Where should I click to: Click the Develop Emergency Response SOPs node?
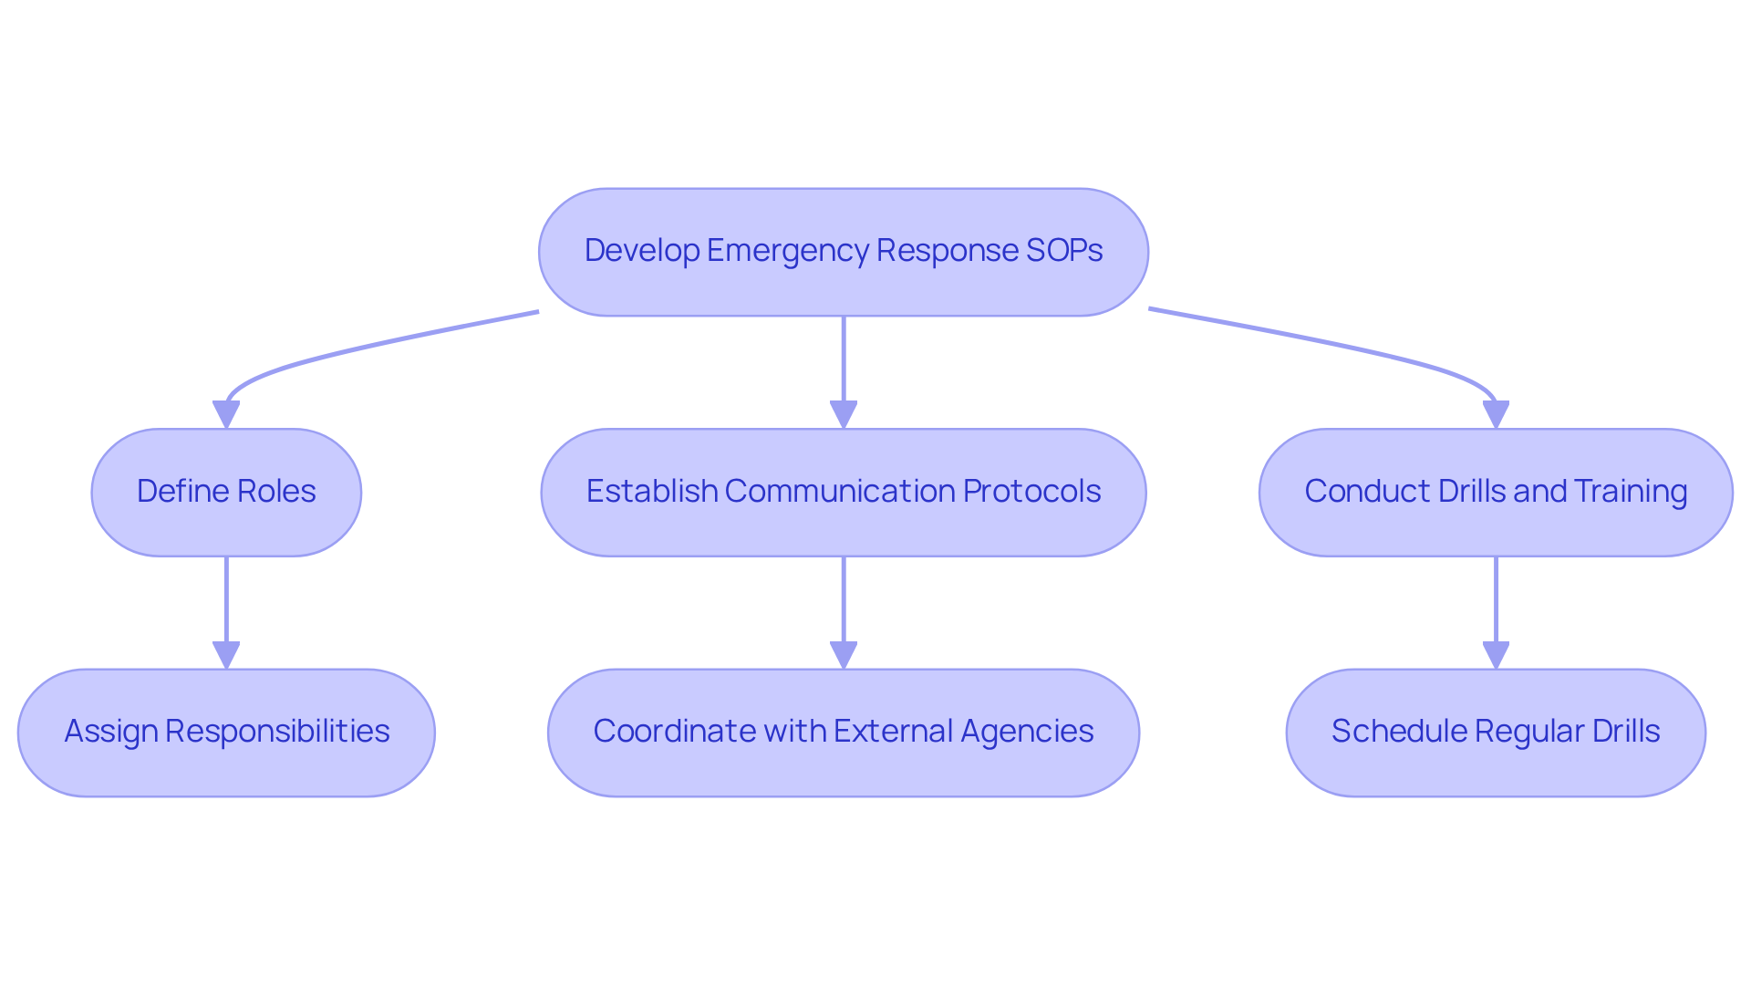(843, 252)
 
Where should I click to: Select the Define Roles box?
(226, 493)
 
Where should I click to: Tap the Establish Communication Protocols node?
(843, 493)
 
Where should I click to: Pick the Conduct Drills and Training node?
(1496, 493)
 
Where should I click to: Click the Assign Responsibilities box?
(226, 733)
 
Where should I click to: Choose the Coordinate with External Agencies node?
(843, 733)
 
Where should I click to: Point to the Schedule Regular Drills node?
(1496, 733)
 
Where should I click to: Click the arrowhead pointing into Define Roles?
(226, 414)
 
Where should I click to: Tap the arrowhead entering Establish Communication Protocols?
(843, 414)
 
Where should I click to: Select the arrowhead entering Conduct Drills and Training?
(1496, 414)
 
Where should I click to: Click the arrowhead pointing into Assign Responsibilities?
(226, 654)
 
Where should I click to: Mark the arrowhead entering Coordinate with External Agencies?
(843, 654)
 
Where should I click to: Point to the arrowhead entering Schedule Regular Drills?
(1496, 654)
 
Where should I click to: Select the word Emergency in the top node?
(788, 251)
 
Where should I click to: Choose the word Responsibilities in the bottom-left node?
(277, 731)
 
